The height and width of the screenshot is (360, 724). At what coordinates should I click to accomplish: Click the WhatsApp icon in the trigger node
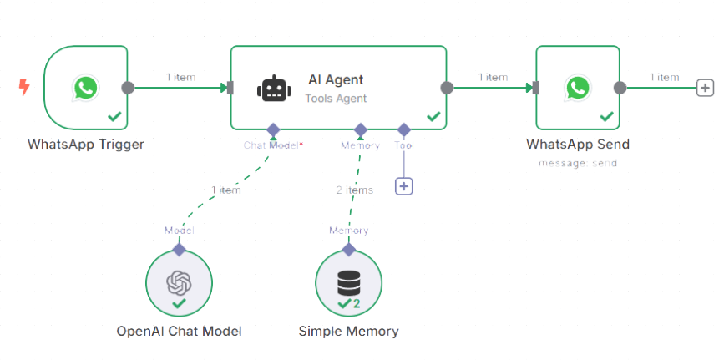[x=85, y=87]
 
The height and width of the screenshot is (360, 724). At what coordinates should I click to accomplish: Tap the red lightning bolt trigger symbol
[x=26, y=86]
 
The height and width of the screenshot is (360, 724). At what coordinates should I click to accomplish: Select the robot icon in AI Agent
[x=273, y=88]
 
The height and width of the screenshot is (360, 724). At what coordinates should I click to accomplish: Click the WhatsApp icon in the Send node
[x=577, y=87]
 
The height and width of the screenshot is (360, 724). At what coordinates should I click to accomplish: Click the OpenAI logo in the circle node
[x=179, y=282]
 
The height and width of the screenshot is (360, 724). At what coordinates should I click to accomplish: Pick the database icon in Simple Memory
[x=348, y=282]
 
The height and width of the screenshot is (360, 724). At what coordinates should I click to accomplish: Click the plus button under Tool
[x=404, y=186]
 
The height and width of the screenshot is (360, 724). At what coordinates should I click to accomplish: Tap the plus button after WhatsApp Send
[x=705, y=87]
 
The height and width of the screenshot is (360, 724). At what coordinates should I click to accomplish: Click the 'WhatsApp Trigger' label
[x=85, y=145]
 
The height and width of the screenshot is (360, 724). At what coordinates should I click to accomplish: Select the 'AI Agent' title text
[x=336, y=80]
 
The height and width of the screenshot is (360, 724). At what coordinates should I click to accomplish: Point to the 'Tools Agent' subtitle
[x=336, y=98]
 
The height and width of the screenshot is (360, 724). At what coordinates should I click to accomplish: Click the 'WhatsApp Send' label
[x=578, y=145]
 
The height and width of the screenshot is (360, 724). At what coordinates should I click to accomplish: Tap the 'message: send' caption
[x=578, y=163]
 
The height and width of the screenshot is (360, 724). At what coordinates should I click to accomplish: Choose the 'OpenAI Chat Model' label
[x=179, y=332]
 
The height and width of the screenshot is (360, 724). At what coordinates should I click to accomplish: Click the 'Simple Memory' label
[x=348, y=332]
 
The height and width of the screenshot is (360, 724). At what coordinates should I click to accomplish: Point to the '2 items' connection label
[x=354, y=190]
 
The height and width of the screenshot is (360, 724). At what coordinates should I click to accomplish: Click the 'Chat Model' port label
[x=270, y=145]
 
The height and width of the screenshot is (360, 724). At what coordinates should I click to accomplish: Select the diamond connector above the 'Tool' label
[x=404, y=129]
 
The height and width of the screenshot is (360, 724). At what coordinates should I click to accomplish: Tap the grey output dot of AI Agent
[x=447, y=87]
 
